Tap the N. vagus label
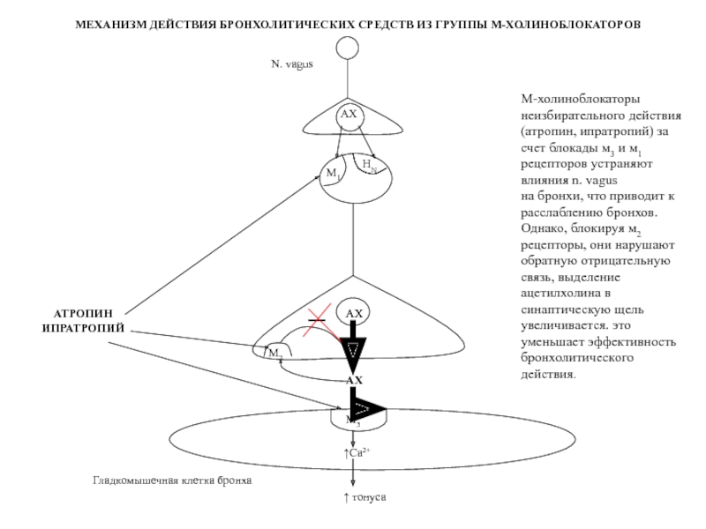tap(292, 63)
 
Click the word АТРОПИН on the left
tap(85, 313)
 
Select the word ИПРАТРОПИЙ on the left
tap(85, 328)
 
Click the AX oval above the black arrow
tap(354, 314)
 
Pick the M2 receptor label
tap(276, 353)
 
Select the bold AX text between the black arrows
tap(354, 380)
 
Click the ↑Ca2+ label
tap(356, 453)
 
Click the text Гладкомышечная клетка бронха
tap(173, 481)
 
